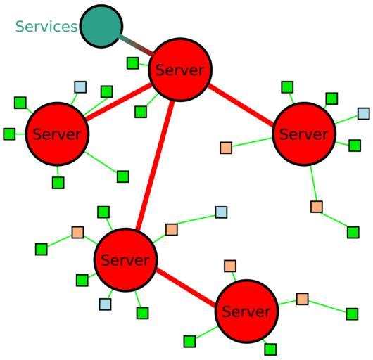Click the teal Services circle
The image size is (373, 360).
pos(101,26)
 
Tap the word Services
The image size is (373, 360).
pos(46,27)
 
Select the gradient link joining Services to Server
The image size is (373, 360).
pos(136,46)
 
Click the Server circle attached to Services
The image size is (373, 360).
pos(180,70)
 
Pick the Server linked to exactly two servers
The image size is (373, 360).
pos(125,260)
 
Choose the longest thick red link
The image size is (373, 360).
pos(155,165)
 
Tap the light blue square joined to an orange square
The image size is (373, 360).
pos(221,212)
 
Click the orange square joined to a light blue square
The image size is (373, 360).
pos(171,229)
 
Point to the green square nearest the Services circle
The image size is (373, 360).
pos(133,63)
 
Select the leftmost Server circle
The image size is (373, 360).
pos(57,134)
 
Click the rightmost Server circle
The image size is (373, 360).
pos(304,134)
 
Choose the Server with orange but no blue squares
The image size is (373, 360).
pos(247,311)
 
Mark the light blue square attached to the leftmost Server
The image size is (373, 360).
pos(80,87)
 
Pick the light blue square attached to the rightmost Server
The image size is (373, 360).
pos(364,114)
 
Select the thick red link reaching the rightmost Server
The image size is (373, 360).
pos(241,105)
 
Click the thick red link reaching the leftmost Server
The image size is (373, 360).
pos(118,101)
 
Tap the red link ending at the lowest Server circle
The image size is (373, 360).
pos(186,287)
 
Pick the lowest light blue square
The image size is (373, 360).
pos(105,304)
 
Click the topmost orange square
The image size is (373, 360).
pos(226,148)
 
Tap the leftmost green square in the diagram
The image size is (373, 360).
pos(9,134)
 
